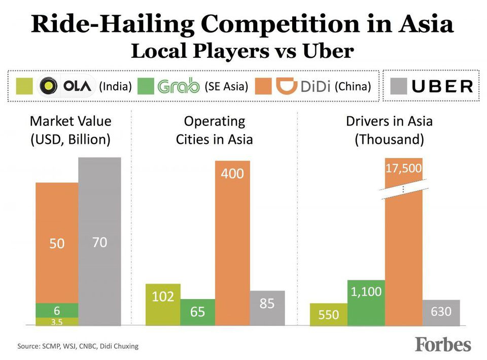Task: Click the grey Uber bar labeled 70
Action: point(99,241)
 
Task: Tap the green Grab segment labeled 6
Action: point(57,310)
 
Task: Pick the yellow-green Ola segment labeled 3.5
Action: point(57,321)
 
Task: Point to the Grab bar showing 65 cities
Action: point(197,312)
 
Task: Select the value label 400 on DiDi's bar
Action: point(232,174)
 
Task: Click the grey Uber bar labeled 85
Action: point(267,308)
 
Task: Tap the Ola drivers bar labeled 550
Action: point(329,314)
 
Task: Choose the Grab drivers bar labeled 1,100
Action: point(366,303)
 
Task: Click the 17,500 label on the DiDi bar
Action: point(404,169)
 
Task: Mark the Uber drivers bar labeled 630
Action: point(441,312)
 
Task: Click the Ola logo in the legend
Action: point(66,86)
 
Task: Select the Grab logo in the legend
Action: point(178,86)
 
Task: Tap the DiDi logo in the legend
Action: point(303,86)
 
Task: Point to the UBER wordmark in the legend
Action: point(442,86)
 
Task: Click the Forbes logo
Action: point(443,345)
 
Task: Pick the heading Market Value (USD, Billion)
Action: point(70,130)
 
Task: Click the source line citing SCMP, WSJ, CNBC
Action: point(78,346)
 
